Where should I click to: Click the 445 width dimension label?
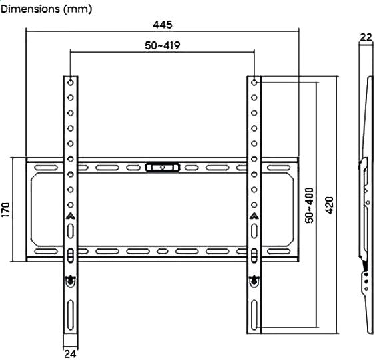(163, 25)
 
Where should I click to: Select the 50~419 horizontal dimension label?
(163, 45)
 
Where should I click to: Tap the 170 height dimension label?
(6, 210)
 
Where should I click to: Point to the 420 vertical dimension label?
(330, 206)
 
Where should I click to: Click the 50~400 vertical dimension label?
(310, 206)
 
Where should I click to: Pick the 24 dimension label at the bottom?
(71, 354)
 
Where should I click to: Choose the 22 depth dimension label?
(366, 37)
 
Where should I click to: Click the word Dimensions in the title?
(31, 9)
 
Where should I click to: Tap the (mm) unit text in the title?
(78, 9)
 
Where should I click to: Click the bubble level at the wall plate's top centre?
(163, 168)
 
